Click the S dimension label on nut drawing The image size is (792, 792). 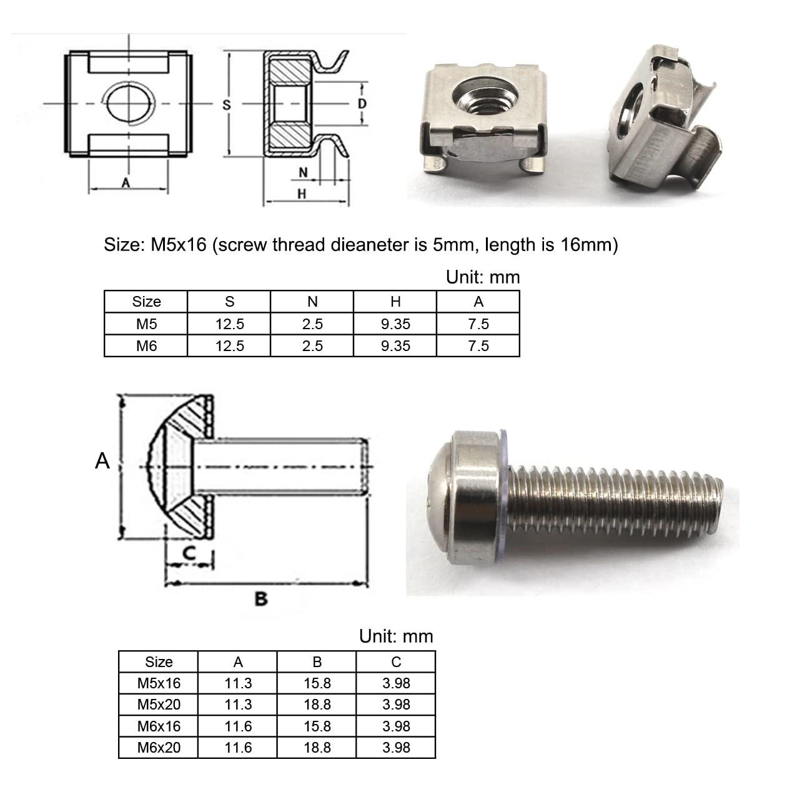click(x=227, y=105)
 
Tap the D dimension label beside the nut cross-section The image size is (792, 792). click(x=362, y=104)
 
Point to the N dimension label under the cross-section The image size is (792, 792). click(x=303, y=172)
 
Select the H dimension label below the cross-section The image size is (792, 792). click(x=302, y=194)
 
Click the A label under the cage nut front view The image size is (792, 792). click(x=126, y=182)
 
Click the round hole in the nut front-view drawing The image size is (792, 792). click(x=129, y=103)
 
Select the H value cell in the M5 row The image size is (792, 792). click(x=395, y=324)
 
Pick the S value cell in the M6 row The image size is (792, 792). click(x=229, y=345)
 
